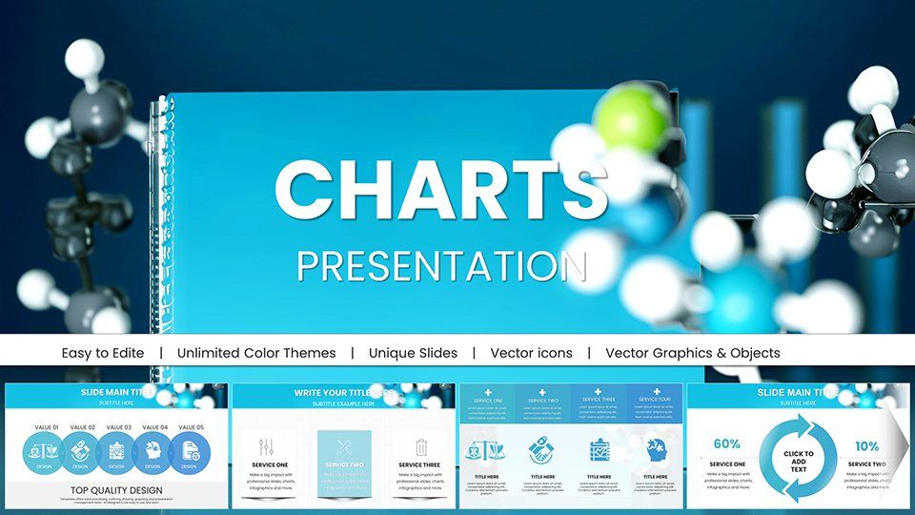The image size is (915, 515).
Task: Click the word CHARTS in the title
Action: coord(441,188)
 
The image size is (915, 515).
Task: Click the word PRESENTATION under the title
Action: coord(441,265)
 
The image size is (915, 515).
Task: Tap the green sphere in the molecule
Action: coord(630,118)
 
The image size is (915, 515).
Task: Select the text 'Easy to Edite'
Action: coord(103,353)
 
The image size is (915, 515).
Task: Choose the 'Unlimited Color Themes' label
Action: coord(256,353)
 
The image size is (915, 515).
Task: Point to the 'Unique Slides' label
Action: coord(413,353)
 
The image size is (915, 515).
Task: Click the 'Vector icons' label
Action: coord(531,353)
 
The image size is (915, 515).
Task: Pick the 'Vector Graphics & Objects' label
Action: coord(692,353)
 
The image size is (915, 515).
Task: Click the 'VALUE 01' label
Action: coord(44,427)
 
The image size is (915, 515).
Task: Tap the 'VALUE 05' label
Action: coord(192,427)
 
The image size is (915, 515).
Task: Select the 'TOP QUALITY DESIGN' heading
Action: coord(116,490)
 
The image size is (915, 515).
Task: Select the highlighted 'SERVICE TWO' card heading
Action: coord(344,464)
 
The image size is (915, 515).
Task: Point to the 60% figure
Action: coord(726,444)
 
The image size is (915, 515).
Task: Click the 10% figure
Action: coord(866,445)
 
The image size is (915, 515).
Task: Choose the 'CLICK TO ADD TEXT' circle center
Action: coord(798,461)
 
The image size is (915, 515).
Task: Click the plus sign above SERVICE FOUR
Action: coord(655,392)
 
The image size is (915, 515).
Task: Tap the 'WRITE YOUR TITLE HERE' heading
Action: coord(344,392)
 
